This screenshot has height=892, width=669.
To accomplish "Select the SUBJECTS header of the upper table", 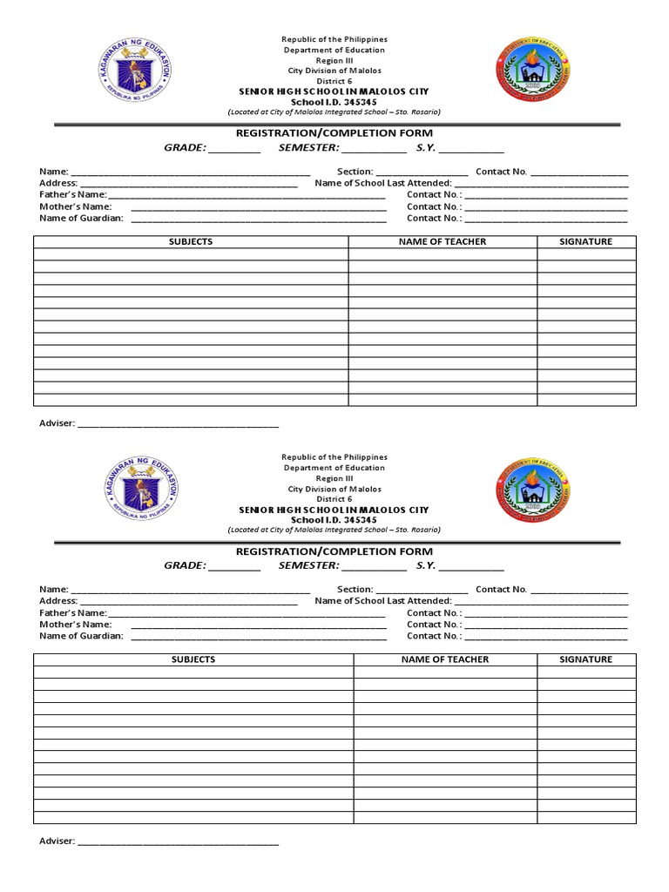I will [x=190, y=242].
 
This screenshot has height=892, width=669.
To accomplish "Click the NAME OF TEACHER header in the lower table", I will [x=445, y=660].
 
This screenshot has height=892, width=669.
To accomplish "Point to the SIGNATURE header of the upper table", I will [x=585, y=242].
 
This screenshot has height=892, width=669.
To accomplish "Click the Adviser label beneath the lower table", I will [x=57, y=841].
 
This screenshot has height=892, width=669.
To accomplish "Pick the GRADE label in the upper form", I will [x=186, y=148].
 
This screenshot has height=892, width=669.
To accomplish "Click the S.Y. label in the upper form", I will [x=426, y=148].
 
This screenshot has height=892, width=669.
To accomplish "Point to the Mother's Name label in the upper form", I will [x=76, y=207].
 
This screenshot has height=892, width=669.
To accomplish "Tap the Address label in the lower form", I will [x=58, y=601].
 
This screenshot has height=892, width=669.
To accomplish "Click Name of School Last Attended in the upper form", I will [x=383, y=184].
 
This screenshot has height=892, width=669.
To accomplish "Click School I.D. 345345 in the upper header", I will [x=334, y=102].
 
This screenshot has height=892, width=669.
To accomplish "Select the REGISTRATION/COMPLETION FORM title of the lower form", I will [x=334, y=551].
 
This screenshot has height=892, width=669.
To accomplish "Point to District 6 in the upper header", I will [x=335, y=81].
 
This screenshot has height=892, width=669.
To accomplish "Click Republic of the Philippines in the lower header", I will [x=334, y=457].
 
